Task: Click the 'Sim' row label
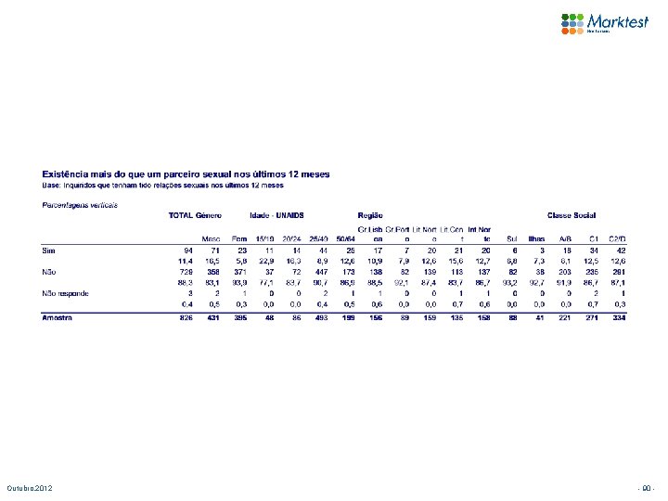tap(50, 250)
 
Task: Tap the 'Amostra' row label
tap(58, 317)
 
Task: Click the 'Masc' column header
tap(212, 238)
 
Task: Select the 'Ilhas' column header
tap(536, 238)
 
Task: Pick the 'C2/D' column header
tap(617, 238)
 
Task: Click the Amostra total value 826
tap(186, 317)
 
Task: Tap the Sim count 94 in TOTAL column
tap(187, 250)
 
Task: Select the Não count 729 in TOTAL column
tap(186, 271)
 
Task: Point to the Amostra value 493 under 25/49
tap(322, 317)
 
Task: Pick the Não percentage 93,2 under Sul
tap(508, 281)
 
